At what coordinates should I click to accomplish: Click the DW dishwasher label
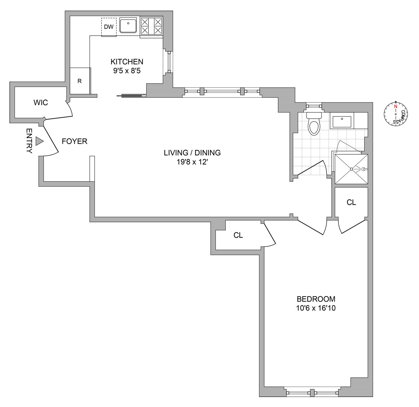pos(109,27)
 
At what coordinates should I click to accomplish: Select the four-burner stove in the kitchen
pos(151,26)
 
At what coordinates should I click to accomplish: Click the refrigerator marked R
pos(80,81)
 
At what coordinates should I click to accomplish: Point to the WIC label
pos(41,103)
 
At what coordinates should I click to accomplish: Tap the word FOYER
pos(75,141)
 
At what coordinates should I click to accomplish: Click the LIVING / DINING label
pos(192,153)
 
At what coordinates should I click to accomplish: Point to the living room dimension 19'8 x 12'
pos(192,162)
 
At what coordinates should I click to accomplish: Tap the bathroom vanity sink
pos(342,121)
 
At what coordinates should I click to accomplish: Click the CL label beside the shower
pos(351,203)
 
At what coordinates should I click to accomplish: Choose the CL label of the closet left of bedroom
pos(238,236)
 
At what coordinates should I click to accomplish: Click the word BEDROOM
pos(316,299)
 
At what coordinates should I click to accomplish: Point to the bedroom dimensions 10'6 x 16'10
pos(316,308)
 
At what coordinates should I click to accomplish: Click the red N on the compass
pos(396,106)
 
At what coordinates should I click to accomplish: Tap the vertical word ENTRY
pos(29,141)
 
